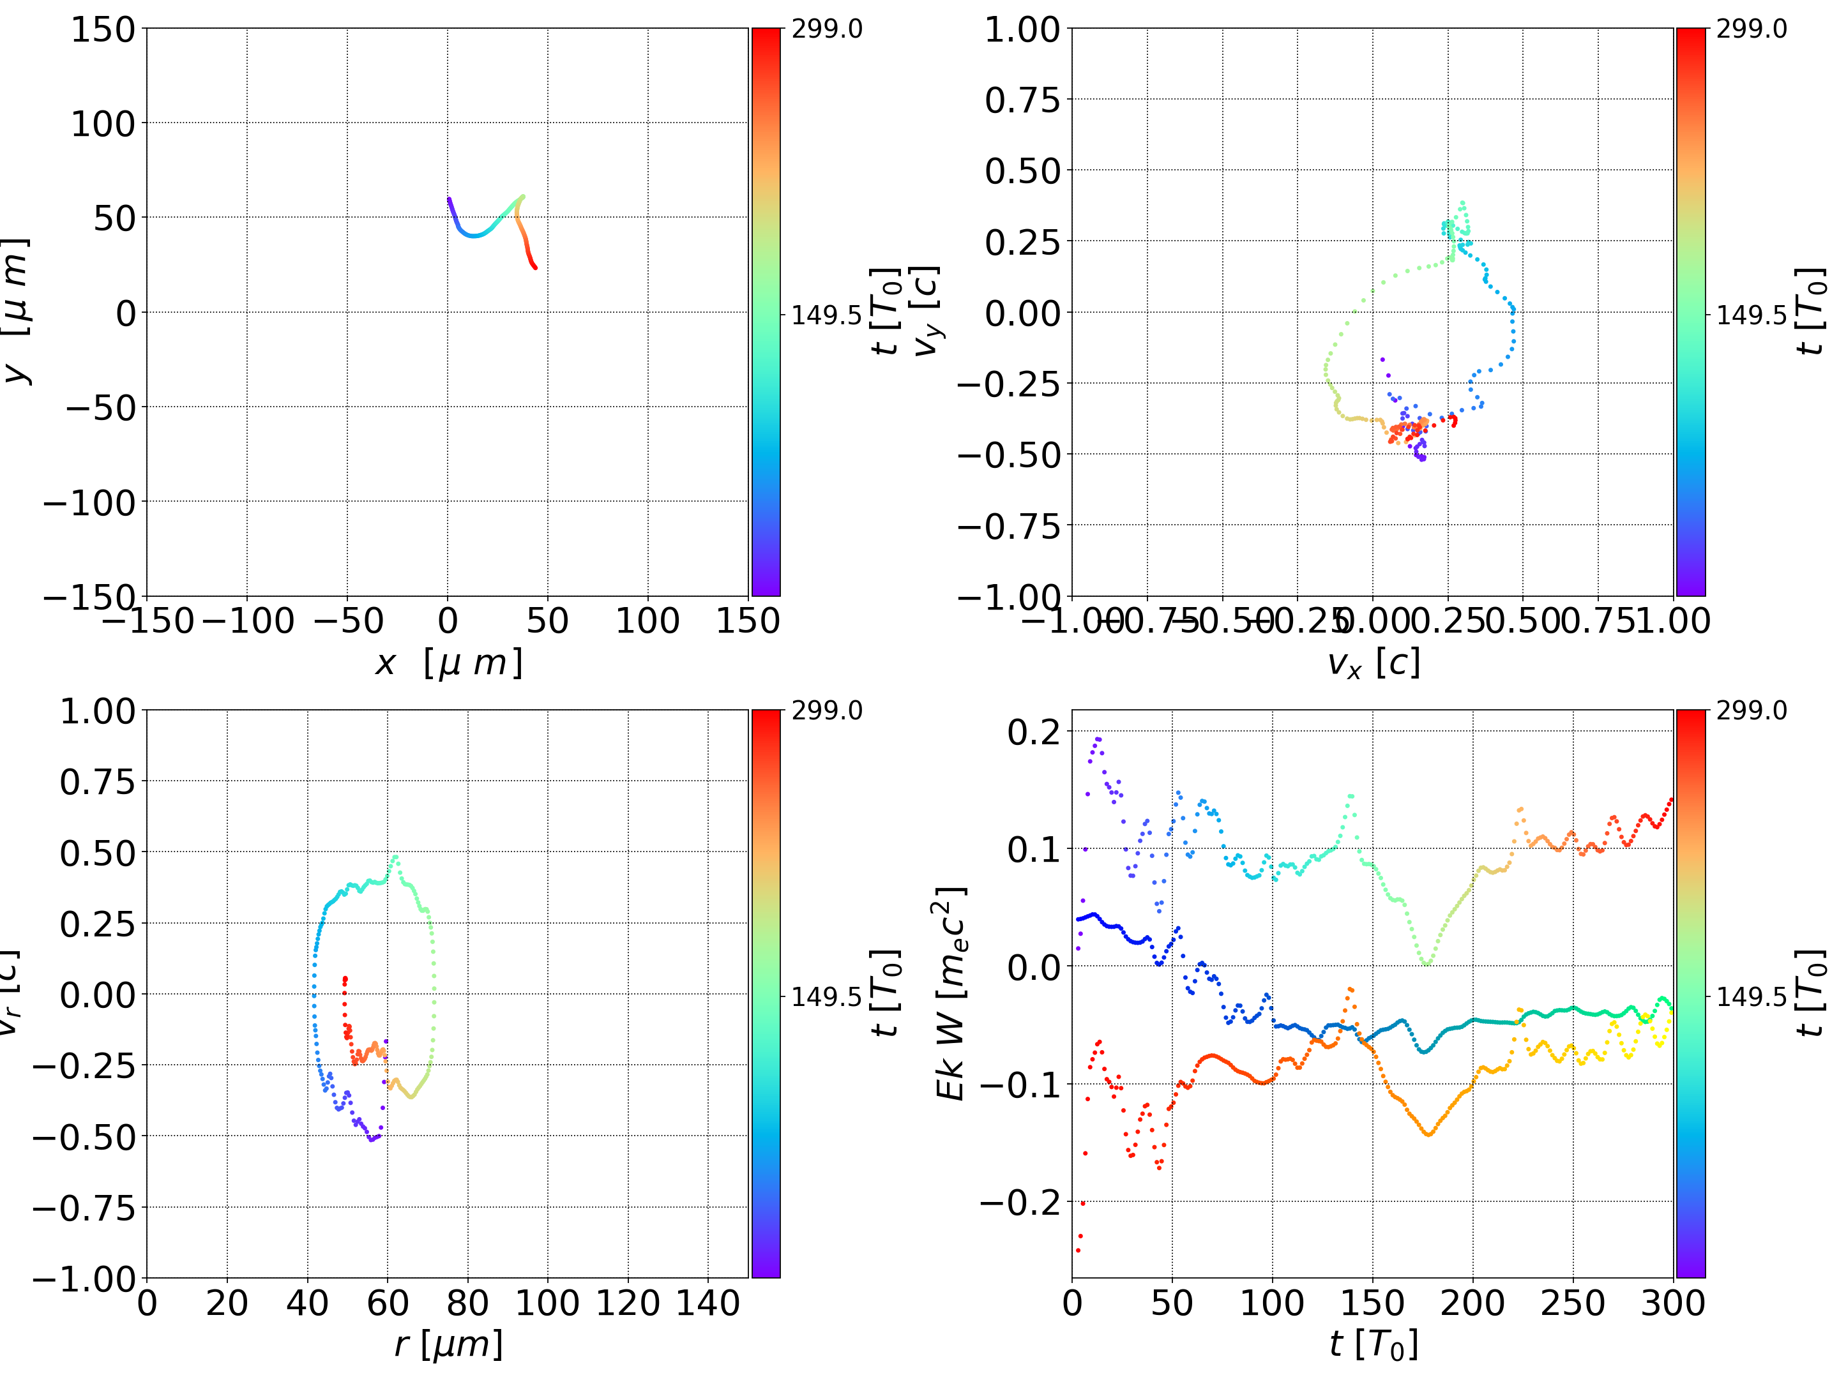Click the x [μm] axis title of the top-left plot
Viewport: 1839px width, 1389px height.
tap(448, 663)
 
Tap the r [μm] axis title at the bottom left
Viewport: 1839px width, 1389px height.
tap(448, 1344)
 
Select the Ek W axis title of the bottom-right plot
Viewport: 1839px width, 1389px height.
tap(950, 993)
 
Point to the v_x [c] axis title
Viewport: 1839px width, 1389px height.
tap(1373, 663)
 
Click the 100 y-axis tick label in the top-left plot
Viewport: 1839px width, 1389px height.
tap(102, 124)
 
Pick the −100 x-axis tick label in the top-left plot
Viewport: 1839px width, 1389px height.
tap(248, 621)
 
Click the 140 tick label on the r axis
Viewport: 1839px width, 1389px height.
tap(708, 1303)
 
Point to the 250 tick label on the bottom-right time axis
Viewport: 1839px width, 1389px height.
tap(1572, 1303)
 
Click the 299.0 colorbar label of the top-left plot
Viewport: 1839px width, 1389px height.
tap(826, 29)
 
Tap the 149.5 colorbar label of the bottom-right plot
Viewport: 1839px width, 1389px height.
tap(1751, 996)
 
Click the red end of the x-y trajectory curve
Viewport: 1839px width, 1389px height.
tap(535, 267)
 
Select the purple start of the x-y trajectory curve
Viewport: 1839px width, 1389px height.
tap(449, 199)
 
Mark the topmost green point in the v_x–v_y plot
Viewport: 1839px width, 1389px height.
tap(1462, 202)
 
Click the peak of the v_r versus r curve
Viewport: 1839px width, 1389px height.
tap(395, 857)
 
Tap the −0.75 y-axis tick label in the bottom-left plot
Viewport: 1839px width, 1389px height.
tap(83, 1207)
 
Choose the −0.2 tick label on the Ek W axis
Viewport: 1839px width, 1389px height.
tap(1020, 1202)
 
